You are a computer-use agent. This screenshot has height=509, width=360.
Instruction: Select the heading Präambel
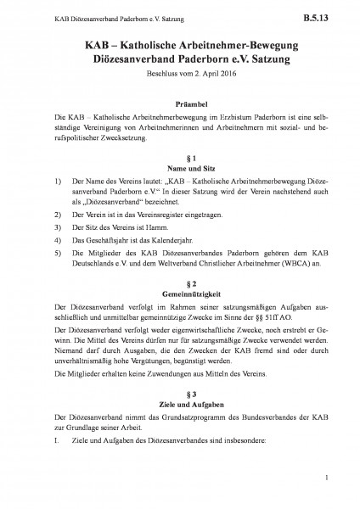[179, 100]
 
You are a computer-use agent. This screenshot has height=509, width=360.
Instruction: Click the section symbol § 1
[179, 159]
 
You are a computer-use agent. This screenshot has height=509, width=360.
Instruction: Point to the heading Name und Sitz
[179, 169]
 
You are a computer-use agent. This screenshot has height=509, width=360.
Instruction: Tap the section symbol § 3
[179, 418]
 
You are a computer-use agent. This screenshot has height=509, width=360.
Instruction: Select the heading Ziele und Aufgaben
[179, 428]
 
